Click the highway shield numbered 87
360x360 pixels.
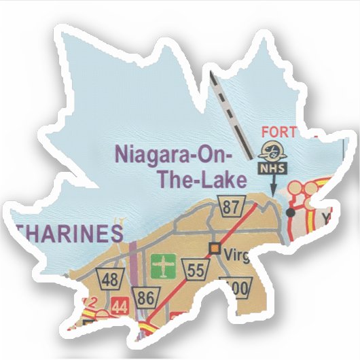coord(229,204)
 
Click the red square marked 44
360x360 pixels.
coord(121,304)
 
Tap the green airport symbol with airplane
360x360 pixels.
coord(162,264)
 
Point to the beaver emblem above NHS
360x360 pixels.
coord(275,148)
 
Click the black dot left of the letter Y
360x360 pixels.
coord(291,213)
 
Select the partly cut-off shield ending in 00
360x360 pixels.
coord(238,289)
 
